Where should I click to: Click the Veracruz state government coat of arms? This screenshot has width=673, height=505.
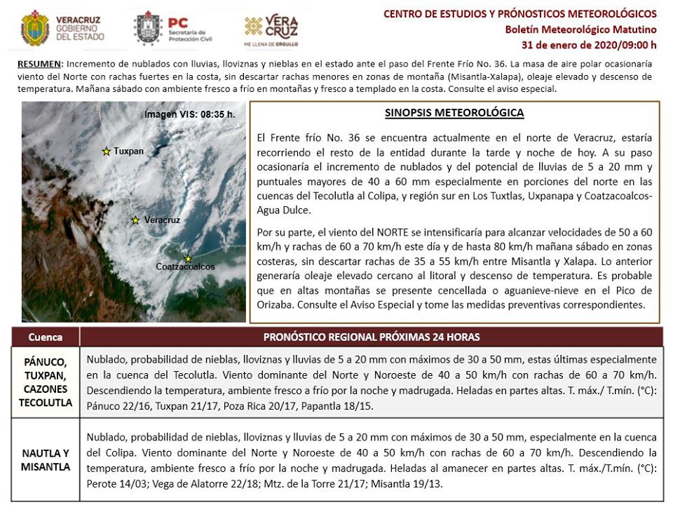click(x=34, y=27)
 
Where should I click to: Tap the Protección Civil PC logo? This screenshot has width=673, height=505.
click(x=148, y=27)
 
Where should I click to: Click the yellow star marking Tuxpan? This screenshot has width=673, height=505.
click(x=107, y=151)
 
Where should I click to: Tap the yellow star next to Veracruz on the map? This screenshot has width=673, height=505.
click(x=135, y=220)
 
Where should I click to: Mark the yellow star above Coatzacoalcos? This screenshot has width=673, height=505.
click(x=188, y=258)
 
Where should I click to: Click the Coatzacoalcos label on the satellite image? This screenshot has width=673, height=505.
click(x=185, y=267)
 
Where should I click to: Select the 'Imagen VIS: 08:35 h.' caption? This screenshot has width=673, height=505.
click(x=190, y=114)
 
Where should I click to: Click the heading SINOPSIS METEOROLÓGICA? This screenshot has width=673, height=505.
click(x=454, y=113)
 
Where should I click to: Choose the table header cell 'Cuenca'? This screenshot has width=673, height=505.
click(x=46, y=337)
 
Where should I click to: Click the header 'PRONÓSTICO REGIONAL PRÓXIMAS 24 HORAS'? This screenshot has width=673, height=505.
click(x=372, y=337)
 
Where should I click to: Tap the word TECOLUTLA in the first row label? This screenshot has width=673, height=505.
click(x=46, y=402)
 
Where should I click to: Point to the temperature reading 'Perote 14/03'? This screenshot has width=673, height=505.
click(x=116, y=485)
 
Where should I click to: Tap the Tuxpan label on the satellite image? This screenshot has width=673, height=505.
click(x=128, y=151)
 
